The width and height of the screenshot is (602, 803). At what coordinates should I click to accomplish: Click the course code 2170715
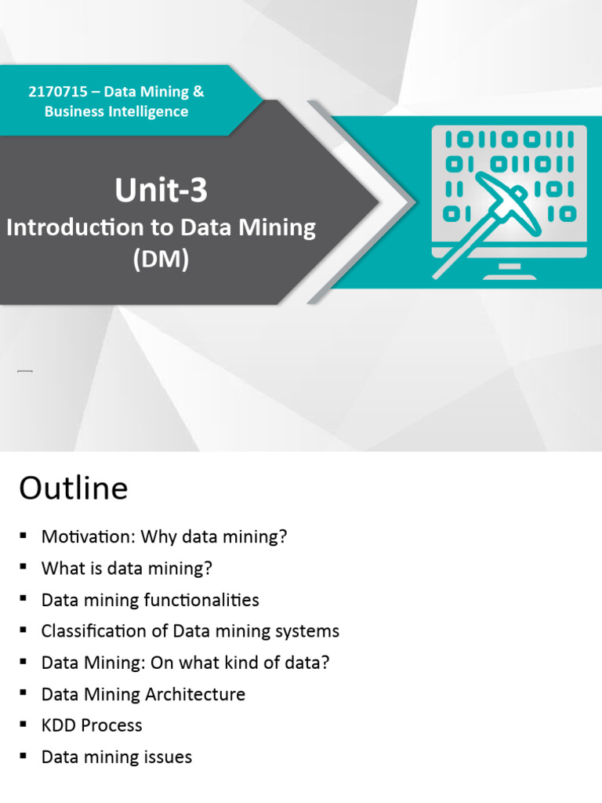57,92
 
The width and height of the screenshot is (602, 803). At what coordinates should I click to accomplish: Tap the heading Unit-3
161,190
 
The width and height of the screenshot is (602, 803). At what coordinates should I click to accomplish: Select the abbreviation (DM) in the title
161,260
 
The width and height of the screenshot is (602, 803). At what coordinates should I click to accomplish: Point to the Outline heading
73,489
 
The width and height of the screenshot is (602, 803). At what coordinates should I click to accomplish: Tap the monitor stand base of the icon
509,274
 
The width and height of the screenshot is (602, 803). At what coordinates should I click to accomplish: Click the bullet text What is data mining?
127,569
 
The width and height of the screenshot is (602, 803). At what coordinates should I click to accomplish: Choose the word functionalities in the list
202,600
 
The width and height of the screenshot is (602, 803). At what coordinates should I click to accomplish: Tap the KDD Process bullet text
92,725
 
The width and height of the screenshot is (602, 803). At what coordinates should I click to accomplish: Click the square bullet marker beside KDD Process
24,725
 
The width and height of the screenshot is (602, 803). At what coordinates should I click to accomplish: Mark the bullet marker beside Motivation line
24,537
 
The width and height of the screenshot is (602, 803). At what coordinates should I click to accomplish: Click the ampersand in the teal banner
198,92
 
